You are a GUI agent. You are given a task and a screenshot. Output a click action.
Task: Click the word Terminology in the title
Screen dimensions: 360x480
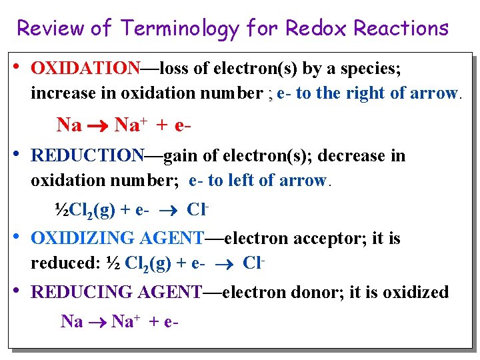click(x=179, y=29)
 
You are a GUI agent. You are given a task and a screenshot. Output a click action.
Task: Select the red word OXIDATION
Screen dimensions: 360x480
click(x=85, y=69)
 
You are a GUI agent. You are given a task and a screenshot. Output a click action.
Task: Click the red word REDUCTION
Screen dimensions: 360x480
click(x=87, y=156)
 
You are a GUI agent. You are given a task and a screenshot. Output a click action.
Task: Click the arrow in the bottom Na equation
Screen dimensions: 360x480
click(x=97, y=322)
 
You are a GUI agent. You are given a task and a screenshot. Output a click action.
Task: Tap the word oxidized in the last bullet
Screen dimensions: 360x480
click(x=413, y=292)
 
